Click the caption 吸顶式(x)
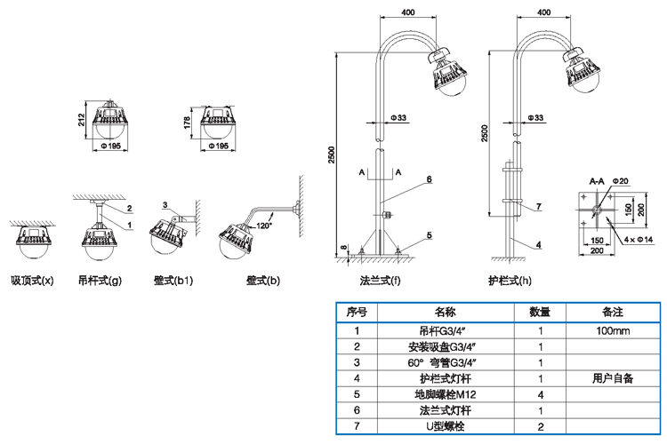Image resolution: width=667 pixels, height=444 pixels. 32,281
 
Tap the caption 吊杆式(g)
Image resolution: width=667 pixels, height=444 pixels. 100,281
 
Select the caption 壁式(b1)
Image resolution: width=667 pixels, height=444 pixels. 173,281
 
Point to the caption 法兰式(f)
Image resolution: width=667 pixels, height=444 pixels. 380,281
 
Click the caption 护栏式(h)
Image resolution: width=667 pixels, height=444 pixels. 510,281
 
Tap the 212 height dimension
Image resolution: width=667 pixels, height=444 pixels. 82,119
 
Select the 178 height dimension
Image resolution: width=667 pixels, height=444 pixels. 187,123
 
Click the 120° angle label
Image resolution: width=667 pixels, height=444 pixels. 264,226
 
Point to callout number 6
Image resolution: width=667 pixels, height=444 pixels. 430,179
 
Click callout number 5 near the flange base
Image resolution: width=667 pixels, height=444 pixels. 430,235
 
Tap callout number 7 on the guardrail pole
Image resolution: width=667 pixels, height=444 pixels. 539,207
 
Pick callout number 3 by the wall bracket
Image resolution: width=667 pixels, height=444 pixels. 165,205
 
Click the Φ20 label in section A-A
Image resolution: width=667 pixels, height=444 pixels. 620,181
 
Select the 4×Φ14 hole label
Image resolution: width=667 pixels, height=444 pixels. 639,240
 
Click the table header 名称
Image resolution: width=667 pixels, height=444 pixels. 446,313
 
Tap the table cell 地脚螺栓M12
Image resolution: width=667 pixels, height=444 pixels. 446,394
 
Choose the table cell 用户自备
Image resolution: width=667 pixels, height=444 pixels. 613,378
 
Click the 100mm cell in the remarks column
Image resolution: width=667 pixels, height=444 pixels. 613,331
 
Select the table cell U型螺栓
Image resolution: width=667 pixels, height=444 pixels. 446,426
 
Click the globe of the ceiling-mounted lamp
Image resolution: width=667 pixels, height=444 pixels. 32,250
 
